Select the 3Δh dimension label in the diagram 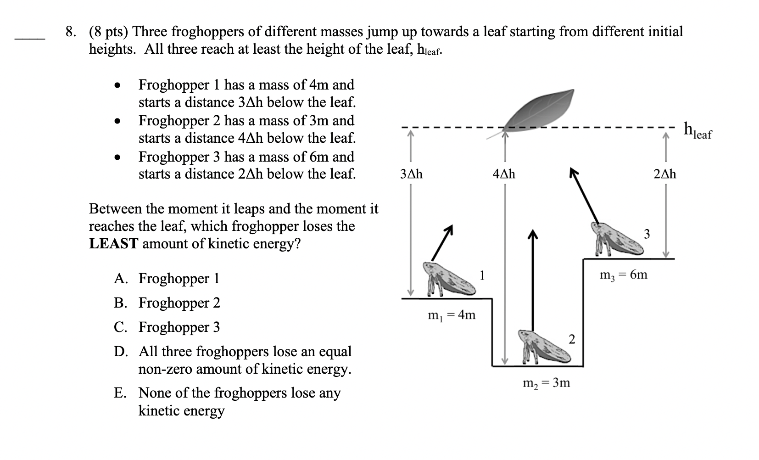coord(411,174)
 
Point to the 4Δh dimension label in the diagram coord(504,174)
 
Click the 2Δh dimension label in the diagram coord(664,174)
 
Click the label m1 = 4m coord(452,315)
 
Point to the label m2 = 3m coord(547,383)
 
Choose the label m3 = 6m coord(624,275)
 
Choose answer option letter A coord(120,279)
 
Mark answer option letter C coord(120,327)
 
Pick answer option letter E coord(120,393)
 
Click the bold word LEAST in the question coord(113,244)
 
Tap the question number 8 coord(70,32)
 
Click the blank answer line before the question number coord(29,39)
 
